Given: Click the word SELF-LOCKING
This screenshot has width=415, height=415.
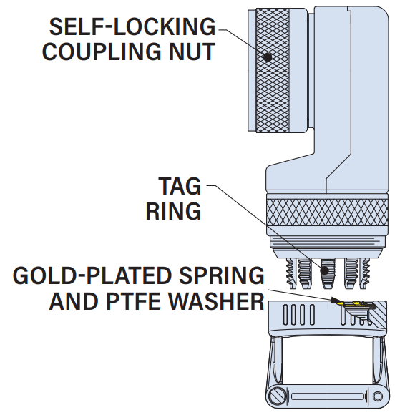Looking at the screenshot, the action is pos(132,26).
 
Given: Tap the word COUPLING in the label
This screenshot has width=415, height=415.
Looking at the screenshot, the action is pos(102,52).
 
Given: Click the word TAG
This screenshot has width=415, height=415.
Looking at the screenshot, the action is pos(180,186).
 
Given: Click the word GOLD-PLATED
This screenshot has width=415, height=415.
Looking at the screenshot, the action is pos(92,275).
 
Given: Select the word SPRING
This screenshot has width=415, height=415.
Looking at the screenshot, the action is pos(222,275).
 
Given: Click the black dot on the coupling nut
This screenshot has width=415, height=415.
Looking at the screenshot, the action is pos(268,57).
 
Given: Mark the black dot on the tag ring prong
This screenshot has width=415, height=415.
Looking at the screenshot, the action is pos(324,270).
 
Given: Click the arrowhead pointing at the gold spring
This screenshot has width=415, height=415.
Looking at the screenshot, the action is pos(336,300).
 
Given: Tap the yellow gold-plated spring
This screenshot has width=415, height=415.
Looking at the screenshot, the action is pos(356,305).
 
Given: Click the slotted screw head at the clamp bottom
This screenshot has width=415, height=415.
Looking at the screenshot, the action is pos(277,396).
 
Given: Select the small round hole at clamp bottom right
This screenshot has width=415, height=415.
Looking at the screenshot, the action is pos(377,396).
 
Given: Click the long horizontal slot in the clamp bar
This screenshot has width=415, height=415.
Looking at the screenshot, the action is pos(328,396).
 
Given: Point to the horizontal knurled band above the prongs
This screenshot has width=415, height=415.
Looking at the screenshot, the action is pos(327,213).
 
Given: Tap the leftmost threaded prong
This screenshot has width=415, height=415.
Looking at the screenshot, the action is pos(290,273).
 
